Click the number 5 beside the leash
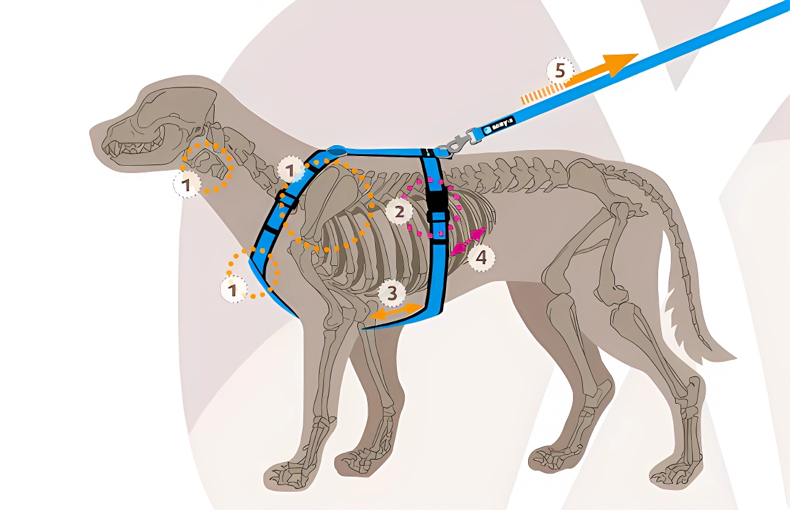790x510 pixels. click(560, 71)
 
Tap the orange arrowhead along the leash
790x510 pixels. click(620, 63)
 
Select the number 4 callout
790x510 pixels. click(480, 258)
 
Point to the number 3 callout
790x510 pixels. click(392, 294)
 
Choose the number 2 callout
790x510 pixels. click(399, 212)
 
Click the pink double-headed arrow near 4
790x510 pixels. click(469, 242)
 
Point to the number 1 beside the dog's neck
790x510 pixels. click(187, 184)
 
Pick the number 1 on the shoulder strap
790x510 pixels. click(290, 171)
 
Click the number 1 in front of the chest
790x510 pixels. click(233, 290)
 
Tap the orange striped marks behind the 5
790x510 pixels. click(538, 93)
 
